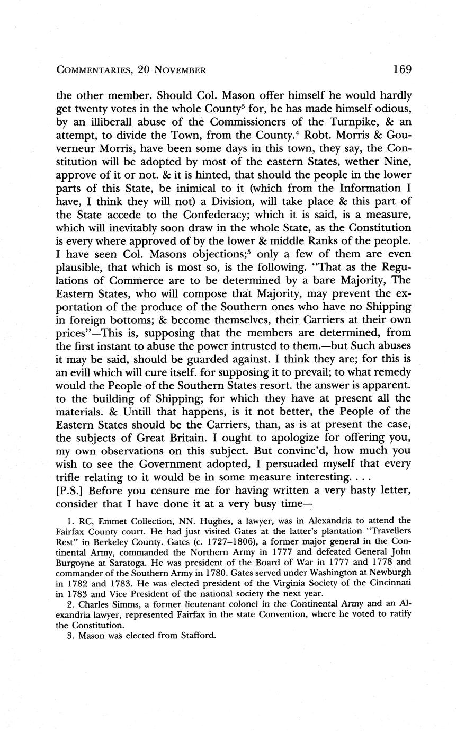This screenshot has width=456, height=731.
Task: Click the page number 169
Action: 403,69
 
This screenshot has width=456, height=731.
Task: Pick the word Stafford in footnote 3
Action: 198,635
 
